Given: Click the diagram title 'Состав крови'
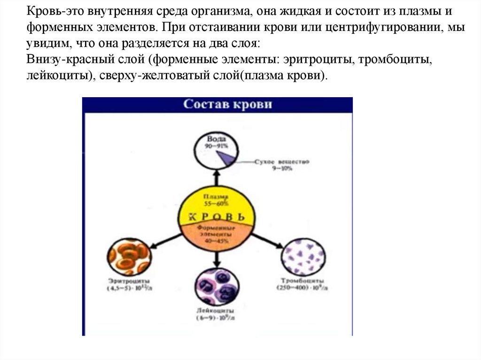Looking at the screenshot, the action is (x=227, y=104).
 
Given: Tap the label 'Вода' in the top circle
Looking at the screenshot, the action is (x=217, y=139).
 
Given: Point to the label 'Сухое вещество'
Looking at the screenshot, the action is (x=281, y=161).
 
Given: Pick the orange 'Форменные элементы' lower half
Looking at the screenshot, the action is (x=217, y=235).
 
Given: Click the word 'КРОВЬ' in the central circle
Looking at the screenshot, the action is (x=217, y=217).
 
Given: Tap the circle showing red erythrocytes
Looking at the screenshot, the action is (x=129, y=256).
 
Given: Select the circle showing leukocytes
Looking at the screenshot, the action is (x=217, y=287).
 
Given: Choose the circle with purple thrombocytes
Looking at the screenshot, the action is (x=303, y=256).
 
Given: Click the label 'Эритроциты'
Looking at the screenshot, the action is (x=124, y=281).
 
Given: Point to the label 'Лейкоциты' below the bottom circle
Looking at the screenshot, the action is (x=217, y=311).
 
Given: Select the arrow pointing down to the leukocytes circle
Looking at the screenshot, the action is (x=217, y=258).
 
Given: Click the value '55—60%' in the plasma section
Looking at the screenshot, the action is (x=217, y=204).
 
